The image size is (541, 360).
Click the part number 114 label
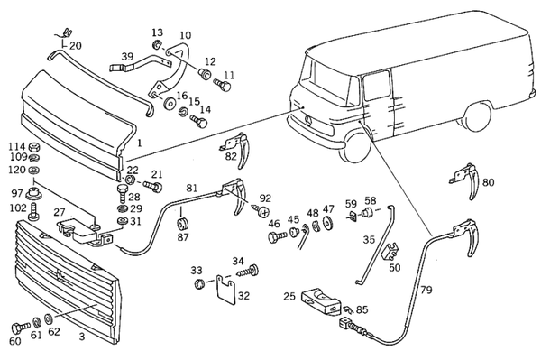[17, 147]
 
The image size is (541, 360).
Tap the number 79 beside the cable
[426, 290]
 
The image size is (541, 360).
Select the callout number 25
[289, 296]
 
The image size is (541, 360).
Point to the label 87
[183, 238]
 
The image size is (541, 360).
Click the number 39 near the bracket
[127, 57]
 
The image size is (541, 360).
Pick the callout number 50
[395, 267]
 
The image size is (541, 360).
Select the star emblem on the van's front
[308, 122]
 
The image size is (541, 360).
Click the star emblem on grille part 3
[60, 275]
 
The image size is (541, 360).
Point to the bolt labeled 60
[21, 327]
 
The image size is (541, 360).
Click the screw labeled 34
[249, 271]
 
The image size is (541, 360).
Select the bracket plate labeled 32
[226, 290]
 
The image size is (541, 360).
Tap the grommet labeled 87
[182, 224]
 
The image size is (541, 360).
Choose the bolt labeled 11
[222, 85]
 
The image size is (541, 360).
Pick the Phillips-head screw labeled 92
[261, 210]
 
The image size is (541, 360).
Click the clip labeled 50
[390, 251]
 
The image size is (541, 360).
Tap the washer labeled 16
[170, 104]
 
